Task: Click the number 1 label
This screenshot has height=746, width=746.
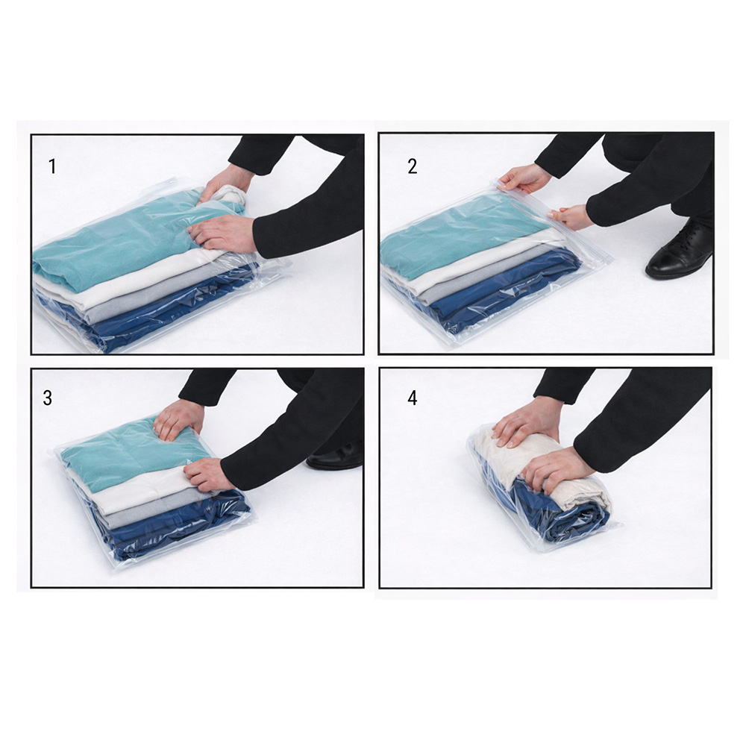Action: [x=52, y=166]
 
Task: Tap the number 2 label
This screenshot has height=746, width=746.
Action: [x=412, y=166]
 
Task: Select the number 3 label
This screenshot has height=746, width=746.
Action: [x=48, y=398]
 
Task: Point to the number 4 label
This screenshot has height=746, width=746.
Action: [x=412, y=398]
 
